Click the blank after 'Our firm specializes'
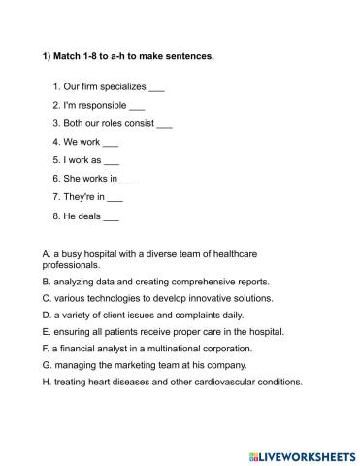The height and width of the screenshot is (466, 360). point(158,88)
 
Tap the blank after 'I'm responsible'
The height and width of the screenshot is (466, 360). point(137,106)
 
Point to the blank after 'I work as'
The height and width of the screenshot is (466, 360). point(112,160)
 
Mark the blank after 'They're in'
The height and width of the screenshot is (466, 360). point(115,197)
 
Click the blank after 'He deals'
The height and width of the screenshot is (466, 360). point(111,216)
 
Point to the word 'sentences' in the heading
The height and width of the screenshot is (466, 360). point(189,56)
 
